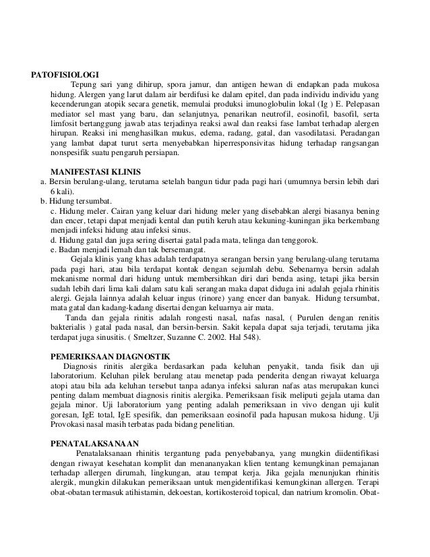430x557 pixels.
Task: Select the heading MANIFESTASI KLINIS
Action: [96, 171]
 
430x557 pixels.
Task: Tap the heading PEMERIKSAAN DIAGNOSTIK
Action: [111, 355]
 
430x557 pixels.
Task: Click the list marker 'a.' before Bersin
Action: [44, 182]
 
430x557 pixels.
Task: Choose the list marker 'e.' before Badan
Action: [55, 250]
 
